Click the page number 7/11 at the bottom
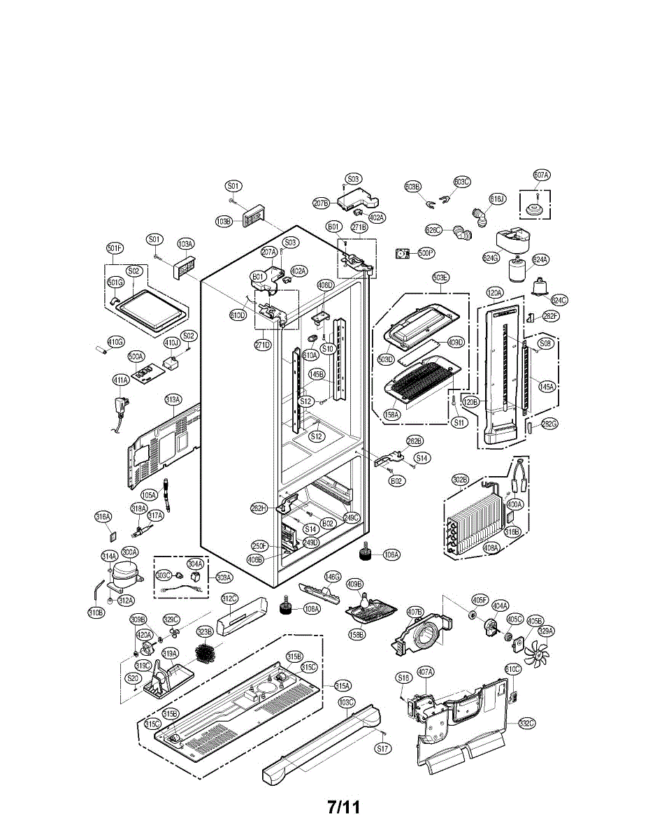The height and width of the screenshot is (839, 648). pos(343,807)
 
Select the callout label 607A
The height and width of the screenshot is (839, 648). pos(541,175)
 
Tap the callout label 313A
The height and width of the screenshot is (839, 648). pos(173,399)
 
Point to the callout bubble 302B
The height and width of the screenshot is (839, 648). pos(459,479)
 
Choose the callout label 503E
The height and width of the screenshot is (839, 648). pos(440,278)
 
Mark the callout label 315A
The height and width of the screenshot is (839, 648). pos(342,685)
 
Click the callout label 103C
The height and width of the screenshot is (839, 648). pos(346,701)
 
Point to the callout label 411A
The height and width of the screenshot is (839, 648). pos(121,380)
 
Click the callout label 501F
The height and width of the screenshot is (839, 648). pos(115,248)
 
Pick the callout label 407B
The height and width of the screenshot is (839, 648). pos(415,612)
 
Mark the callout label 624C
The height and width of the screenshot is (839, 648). pos(559,300)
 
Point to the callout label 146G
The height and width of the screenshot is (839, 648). pos(332,577)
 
